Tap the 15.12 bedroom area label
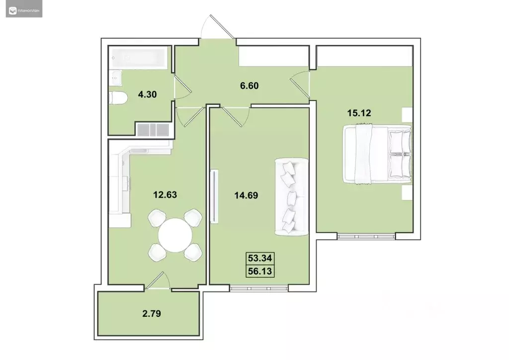[x=359, y=113]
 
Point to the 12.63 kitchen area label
[x=165, y=194]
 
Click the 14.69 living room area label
[x=246, y=195]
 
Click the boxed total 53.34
[x=261, y=259]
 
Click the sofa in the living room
[x=292, y=196]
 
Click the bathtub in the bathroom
[x=139, y=58]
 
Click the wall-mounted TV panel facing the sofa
[x=214, y=196]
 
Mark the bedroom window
[x=366, y=236]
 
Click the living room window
[x=259, y=287]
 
